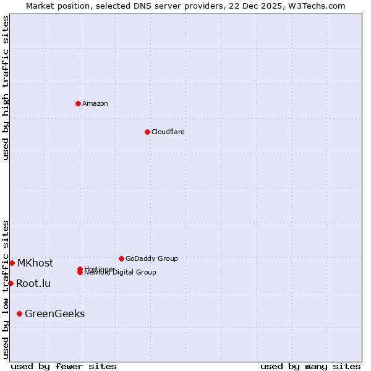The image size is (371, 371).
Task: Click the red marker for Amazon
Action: tap(78, 103)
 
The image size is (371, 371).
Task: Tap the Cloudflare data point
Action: tap(147, 132)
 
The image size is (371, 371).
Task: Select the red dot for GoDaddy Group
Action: tap(121, 258)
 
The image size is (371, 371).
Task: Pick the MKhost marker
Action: tap(12, 263)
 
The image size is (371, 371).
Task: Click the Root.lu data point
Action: tap(11, 283)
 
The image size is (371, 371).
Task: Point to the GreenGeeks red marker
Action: tap(19, 313)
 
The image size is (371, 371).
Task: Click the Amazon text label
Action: tap(95, 103)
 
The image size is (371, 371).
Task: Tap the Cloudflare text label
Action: tap(168, 132)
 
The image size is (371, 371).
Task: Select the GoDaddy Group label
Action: tap(151, 258)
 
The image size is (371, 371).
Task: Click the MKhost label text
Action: tap(35, 263)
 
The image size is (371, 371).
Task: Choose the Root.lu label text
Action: tap(33, 283)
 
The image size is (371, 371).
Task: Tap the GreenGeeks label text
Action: tap(54, 313)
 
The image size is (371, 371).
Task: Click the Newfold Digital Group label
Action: tap(121, 273)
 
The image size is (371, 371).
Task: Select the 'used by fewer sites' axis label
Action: tap(64, 366)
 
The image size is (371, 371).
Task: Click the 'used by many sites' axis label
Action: tap(310, 366)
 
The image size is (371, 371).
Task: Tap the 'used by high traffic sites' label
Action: tap(6, 88)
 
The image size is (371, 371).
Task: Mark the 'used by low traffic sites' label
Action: tap(6, 289)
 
